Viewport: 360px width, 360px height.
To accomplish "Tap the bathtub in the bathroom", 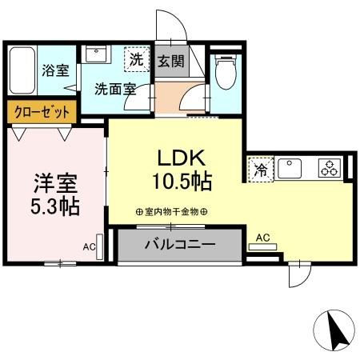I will pos(21,72).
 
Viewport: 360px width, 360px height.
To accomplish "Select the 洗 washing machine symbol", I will pos(137,60).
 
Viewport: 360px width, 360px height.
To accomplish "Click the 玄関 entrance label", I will pos(169,61).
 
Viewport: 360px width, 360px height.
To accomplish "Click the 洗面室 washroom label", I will pos(114,89).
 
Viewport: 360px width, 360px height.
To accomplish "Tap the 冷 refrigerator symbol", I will pos(260,169).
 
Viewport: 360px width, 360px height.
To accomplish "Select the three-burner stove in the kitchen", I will pos(329,168).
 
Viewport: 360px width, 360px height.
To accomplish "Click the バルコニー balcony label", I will pos(179,245).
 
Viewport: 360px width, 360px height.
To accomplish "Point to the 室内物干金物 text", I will pos(171,212).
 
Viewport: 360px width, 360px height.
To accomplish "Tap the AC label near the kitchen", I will pos(262,237).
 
